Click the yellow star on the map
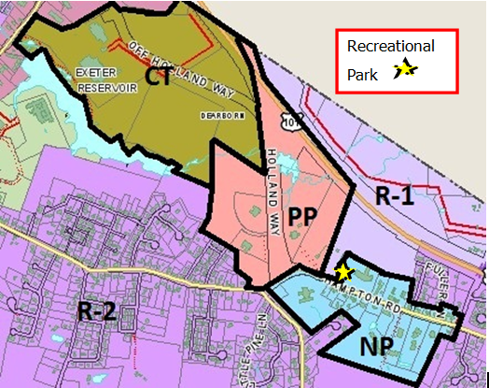(x=344, y=272)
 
